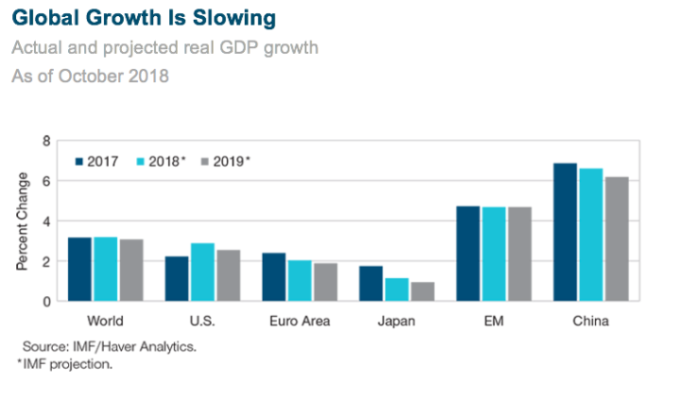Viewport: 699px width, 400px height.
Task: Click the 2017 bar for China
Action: click(x=565, y=232)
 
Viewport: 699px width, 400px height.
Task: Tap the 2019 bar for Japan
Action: click(x=421, y=291)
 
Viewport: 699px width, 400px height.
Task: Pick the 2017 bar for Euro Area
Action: click(x=274, y=276)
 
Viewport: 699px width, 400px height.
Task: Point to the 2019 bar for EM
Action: click(x=518, y=254)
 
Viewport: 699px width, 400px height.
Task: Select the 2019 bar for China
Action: click(x=615, y=239)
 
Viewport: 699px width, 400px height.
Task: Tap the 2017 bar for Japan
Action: click(x=371, y=283)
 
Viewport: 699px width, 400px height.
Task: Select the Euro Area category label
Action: click(x=298, y=321)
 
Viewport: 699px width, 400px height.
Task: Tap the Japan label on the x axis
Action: click(x=397, y=321)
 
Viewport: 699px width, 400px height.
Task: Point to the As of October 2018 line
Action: click(x=90, y=76)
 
